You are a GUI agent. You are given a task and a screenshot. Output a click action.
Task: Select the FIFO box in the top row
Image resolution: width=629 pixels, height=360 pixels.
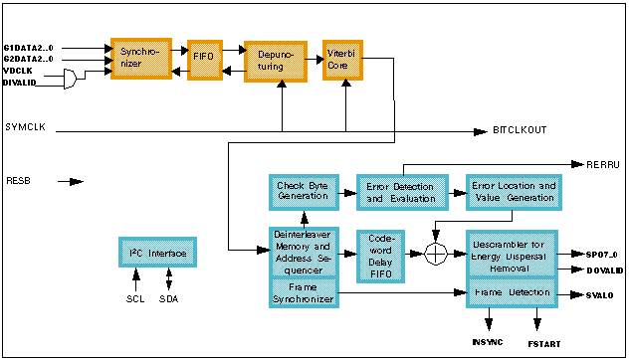205,59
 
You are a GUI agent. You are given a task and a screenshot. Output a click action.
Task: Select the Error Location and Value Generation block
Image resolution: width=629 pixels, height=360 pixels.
514,192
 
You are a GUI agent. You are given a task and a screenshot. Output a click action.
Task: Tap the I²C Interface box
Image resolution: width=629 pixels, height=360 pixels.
157,253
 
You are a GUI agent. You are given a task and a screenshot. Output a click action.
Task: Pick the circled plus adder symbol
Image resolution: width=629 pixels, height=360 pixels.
435,254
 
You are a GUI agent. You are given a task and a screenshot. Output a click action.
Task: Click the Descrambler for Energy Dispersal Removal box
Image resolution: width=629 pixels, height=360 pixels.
512,258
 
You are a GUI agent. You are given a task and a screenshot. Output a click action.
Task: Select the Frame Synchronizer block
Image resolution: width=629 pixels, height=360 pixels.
303,292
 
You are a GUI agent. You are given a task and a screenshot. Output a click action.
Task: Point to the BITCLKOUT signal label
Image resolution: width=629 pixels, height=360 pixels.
520,130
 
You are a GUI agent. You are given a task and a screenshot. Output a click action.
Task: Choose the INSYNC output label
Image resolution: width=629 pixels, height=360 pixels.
488,341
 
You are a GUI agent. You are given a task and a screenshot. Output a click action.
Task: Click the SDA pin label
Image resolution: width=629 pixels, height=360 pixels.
169,298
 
